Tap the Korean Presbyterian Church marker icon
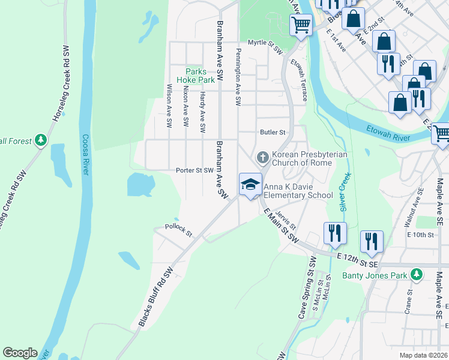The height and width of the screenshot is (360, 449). [x=262, y=158]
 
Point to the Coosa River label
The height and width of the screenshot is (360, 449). [x=85, y=154]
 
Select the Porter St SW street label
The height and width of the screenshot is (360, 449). [x=195, y=170]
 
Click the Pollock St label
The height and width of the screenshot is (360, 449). [x=178, y=230]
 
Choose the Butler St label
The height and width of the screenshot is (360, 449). [x=272, y=132]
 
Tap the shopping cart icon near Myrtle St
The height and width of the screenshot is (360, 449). [x=300, y=25]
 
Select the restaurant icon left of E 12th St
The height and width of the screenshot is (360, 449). [x=334, y=233]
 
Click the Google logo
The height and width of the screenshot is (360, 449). [x=20, y=353]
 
